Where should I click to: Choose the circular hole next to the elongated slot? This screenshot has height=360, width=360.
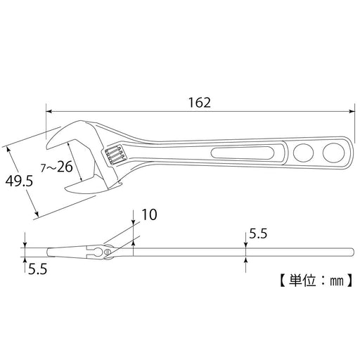[304, 152]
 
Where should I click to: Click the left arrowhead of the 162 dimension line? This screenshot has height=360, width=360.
[49, 109]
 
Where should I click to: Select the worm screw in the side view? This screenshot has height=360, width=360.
[107, 250]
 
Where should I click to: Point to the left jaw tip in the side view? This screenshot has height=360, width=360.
[49, 250]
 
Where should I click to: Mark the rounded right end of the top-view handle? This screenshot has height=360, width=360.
[349, 150]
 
